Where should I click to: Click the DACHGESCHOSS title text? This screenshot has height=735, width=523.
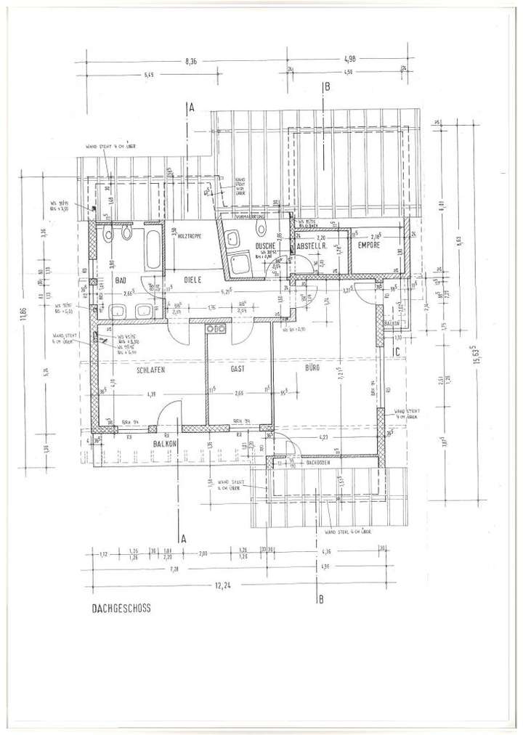point(121,610)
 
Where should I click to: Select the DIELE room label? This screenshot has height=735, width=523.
point(191,279)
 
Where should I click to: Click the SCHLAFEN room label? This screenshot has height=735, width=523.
point(151,370)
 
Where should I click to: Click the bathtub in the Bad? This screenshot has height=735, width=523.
point(153,248)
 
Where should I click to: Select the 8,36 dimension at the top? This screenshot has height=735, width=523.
point(192,62)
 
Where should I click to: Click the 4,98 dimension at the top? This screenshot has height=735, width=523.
point(348,62)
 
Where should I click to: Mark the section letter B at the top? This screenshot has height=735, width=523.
point(327,87)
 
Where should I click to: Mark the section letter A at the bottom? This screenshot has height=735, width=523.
point(185,538)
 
